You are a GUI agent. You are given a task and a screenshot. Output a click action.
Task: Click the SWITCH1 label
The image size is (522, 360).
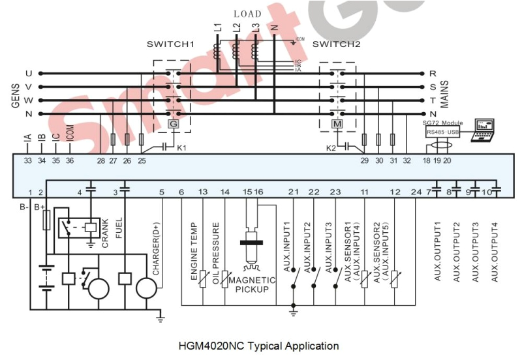point(171,44)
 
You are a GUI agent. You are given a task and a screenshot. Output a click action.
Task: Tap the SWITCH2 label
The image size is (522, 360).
point(337,44)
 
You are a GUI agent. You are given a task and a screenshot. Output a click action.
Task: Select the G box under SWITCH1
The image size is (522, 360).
point(173,124)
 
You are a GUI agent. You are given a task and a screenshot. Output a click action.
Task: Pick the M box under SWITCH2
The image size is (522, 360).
point(337,124)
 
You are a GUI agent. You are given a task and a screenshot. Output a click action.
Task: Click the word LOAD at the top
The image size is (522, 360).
point(247,14)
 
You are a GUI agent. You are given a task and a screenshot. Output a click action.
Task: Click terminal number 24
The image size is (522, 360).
point(416,192)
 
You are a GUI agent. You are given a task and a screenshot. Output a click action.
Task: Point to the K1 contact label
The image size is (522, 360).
point(181,148)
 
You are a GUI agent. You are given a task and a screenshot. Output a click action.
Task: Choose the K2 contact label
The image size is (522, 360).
point(331,148)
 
